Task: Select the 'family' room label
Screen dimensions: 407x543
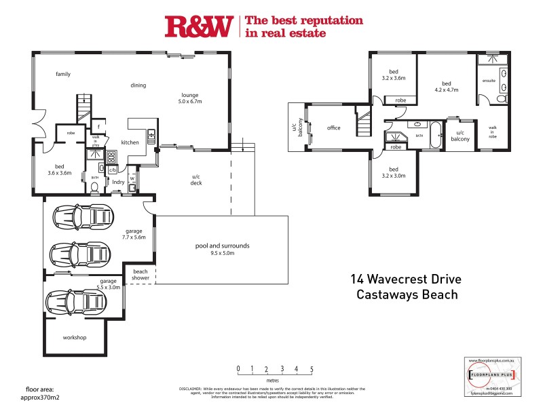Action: (63, 74)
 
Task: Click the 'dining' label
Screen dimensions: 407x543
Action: (138, 85)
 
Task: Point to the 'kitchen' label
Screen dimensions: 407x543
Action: (130, 142)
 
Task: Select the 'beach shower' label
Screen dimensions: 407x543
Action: (141, 275)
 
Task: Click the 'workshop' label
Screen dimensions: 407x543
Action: (75, 337)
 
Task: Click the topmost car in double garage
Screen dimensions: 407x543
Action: (81, 218)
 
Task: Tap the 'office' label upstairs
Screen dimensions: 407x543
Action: (333, 128)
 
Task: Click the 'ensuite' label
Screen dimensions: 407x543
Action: (489, 81)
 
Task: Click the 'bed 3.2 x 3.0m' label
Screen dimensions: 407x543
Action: (393, 173)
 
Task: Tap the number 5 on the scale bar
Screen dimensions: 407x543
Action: (312, 369)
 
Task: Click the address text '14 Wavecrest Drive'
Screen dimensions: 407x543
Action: (404, 278)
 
